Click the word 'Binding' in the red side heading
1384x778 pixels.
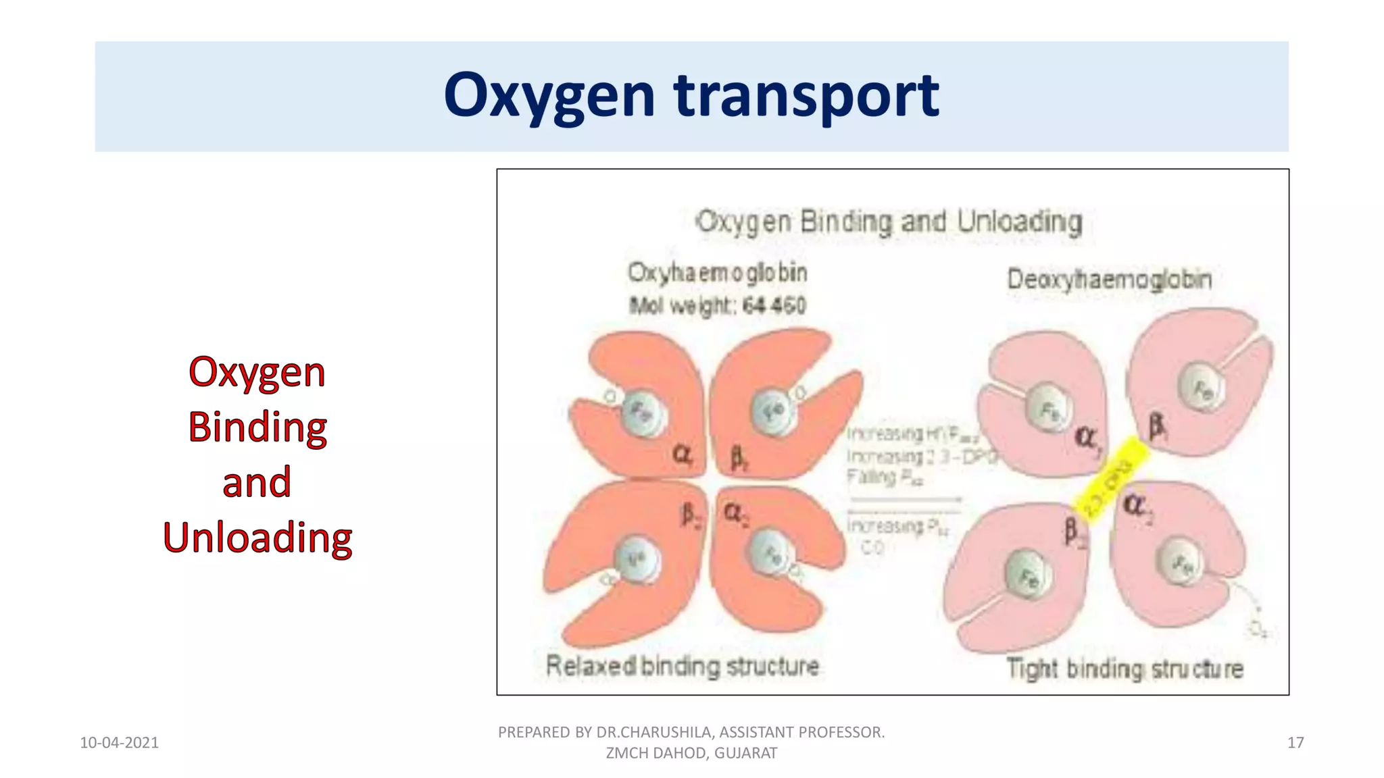(257, 427)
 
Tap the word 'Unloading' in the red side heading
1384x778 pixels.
(257, 538)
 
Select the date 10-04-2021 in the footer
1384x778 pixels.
(119, 743)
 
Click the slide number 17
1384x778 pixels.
(1295, 743)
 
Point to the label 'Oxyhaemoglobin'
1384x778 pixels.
(717, 273)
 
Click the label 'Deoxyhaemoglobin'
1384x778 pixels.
(1109, 279)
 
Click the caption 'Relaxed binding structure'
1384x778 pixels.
(682, 667)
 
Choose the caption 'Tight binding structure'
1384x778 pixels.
(1124, 669)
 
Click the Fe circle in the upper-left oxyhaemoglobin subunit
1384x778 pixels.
(641, 411)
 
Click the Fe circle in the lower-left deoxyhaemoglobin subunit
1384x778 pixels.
(1028, 576)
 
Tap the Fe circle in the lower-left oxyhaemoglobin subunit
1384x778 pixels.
(637, 559)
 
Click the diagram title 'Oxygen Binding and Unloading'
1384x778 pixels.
(889, 222)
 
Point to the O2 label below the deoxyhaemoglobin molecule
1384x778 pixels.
(1258, 629)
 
